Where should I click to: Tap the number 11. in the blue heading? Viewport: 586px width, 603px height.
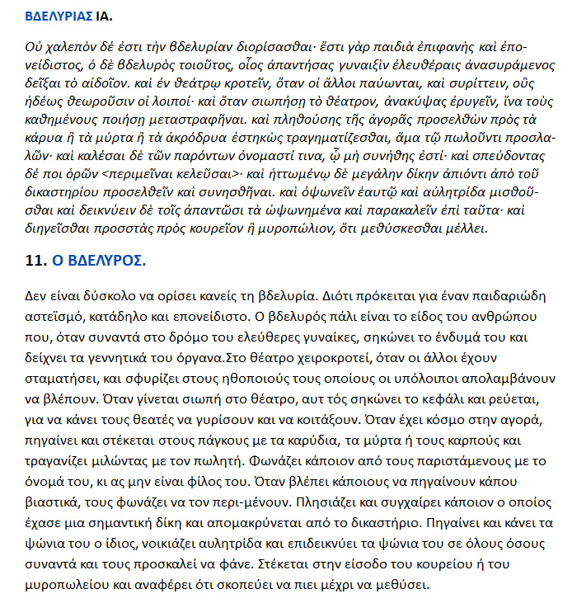pyautogui.click(x=35, y=261)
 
